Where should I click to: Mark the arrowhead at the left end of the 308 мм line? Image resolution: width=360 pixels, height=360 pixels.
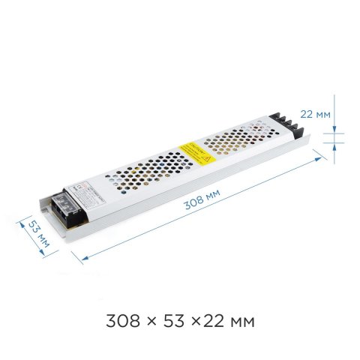[x=77, y=256]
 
